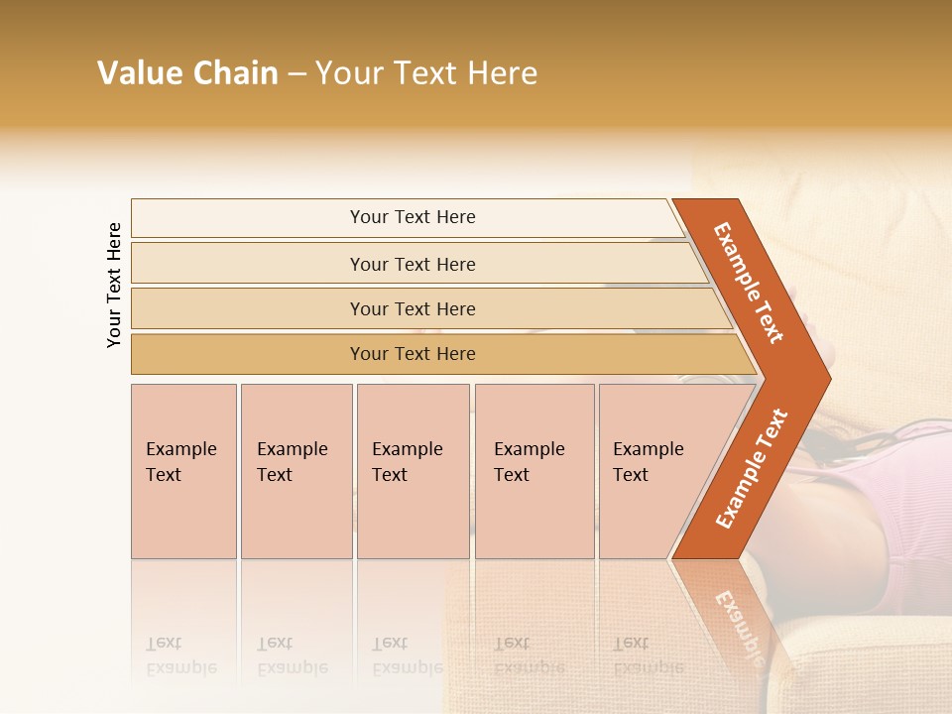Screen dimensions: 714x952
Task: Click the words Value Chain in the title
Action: click(187, 73)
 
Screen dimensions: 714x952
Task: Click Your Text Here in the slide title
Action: click(426, 73)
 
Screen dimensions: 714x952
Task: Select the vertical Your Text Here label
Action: click(114, 285)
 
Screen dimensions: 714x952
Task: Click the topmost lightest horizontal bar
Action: click(412, 217)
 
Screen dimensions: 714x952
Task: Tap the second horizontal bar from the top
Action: click(412, 264)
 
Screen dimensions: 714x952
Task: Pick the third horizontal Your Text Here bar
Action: click(412, 308)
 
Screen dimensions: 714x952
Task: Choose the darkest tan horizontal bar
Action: click(412, 354)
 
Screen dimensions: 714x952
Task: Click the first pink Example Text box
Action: click(183, 471)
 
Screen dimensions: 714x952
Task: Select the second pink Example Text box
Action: click(296, 471)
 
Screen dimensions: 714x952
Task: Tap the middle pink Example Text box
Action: click(412, 471)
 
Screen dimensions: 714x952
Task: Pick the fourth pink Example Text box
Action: click(534, 471)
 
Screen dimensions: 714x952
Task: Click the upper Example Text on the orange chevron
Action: click(748, 283)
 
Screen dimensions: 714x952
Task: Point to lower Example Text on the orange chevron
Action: click(752, 468)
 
